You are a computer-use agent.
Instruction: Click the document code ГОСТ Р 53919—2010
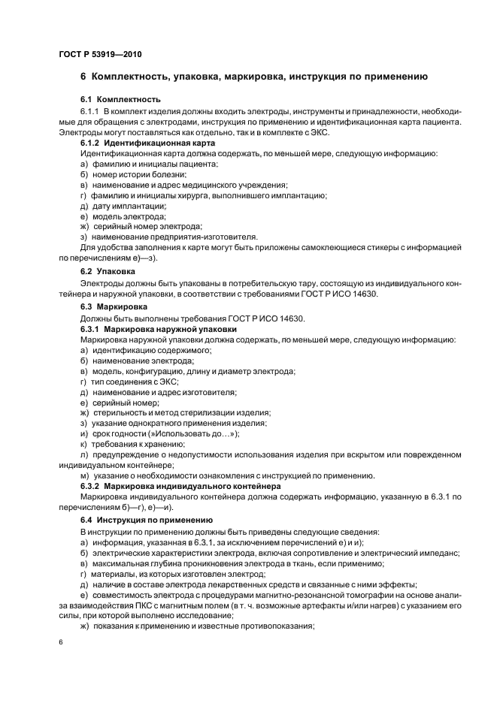[x=99, y=55]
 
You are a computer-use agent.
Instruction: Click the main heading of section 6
[x=254, y=77]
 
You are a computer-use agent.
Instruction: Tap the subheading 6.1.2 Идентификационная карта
[x=148, y=142]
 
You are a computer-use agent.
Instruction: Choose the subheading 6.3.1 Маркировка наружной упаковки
[x=159, y=329]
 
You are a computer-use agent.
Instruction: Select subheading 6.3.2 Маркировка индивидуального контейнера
[x=180, y=486]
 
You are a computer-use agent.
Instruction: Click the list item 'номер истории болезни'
[x=133, y=173]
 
